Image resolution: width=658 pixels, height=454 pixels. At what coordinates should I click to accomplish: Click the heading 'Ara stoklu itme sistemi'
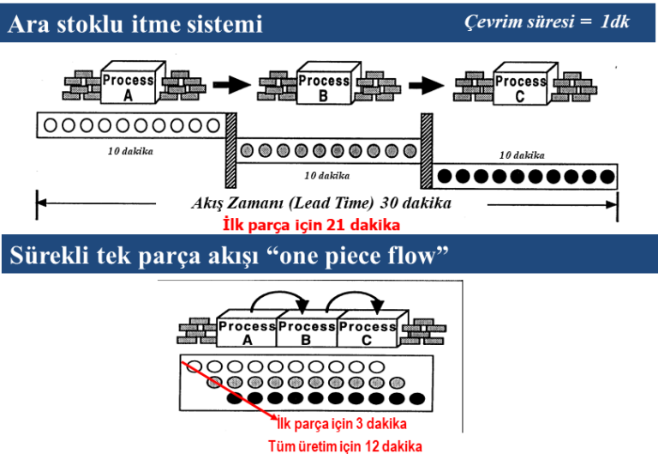tap(135, 24)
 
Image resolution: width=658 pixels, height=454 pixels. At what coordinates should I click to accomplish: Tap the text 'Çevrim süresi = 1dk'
tap(546, 21)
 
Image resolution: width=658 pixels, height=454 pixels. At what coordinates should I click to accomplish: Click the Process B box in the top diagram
tap(323, 87)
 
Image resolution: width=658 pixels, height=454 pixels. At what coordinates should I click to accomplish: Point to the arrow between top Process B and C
tap(424, 85)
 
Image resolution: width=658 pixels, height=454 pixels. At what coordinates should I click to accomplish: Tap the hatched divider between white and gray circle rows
tap(230, 149)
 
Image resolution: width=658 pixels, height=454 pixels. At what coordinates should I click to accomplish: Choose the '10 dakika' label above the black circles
tap(522, 155)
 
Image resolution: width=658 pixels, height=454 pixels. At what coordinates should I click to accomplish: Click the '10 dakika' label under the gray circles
tap(327, 175)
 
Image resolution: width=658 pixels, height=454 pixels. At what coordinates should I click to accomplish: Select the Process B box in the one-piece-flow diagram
tap(307, 332)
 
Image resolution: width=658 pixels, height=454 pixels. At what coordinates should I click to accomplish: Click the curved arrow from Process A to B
tap(278, 302)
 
